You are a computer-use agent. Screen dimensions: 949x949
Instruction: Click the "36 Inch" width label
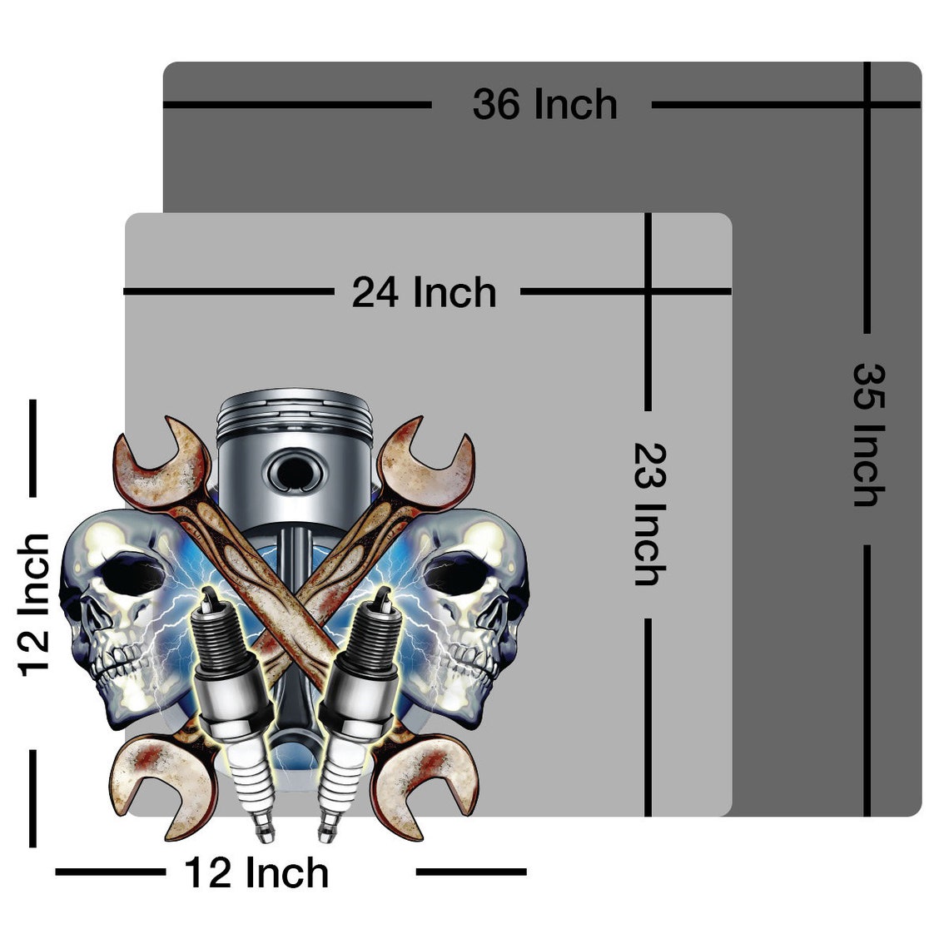(x=544, y=105)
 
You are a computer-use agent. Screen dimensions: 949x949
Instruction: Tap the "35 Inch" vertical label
(x=868, y=435)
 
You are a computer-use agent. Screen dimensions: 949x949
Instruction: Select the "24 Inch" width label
(x=425, y=292)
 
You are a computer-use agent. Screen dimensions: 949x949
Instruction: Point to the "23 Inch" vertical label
(x=649, y=514)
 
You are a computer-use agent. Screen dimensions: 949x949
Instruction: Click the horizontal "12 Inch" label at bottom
(x=256, y=873)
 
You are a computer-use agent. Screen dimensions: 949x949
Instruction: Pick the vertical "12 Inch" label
(x=34, y=605)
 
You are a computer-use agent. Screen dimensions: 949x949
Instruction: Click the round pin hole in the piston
(x=295, y=471)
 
